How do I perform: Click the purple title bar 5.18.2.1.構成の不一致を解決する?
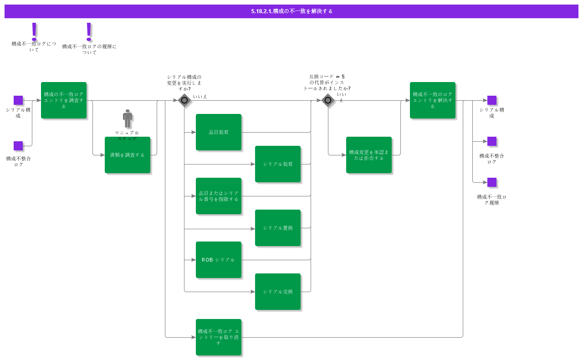tap(291, 11)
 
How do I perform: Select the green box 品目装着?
tap(219, 132)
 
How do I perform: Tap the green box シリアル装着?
tap(278, 164)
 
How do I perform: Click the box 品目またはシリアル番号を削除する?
tap(219, 196)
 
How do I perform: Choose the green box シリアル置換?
tap(278, 228)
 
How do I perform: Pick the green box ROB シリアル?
tap(219, 260)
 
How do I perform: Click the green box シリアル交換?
tap(278, 292)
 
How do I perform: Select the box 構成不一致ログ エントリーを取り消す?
tap(219, 337)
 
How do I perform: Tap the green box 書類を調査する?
tap(128, 155)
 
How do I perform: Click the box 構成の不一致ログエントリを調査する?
tap(64, 100)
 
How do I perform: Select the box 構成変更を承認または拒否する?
tap(369, 155)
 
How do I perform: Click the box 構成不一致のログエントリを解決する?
tap(433, 100)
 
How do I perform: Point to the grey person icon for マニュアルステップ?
tap(128, 118)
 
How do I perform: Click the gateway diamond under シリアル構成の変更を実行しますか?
tap(184, 100)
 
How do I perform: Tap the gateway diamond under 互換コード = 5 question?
tap(328, 100)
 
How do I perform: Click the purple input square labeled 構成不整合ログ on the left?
tap(18, 146)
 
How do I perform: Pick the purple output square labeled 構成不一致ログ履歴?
tap(492, 182)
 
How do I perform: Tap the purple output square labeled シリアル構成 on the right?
tap(492, 100)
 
